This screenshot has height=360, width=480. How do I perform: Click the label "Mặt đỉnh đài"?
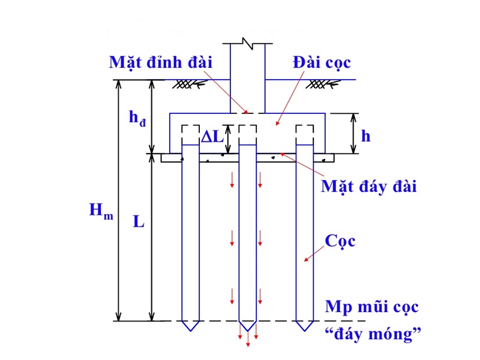click(x=161, y=62)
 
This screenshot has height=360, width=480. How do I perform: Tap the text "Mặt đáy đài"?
click(x=368, y=185)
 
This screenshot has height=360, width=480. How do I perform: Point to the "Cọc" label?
click(x=340, y=241)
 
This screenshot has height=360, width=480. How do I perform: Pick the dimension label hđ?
click(x=138, y=118)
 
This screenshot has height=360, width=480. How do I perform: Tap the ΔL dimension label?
click(x=211, y=136)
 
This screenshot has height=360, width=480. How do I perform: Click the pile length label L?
click(x=139, y=221)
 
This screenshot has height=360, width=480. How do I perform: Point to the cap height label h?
click(x=365, y=136)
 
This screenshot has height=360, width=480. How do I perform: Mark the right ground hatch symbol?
click(x=317, y=85)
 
